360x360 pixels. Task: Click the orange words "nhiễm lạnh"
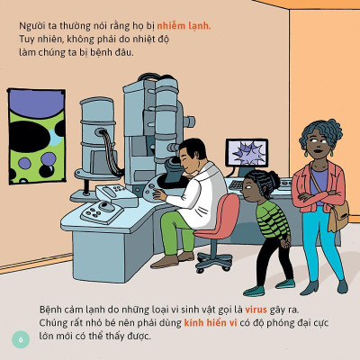(x=184, y=26)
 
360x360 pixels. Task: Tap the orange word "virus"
(x=256, y=310)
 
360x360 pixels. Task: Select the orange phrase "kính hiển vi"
(x=211, y=323)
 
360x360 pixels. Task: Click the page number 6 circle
(x=21, y=339)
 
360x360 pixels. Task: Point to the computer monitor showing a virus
(x=247, y=153)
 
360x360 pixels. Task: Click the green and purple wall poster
(x=36, y=136)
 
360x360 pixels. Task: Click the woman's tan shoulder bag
(x=338, y=215)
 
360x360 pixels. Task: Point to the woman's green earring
(x=306, y=153)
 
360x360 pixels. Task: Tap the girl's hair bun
(x=274, y=178)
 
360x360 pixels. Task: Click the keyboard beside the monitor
(x=237, y=184)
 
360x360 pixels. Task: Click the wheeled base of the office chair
(x=214, y=261)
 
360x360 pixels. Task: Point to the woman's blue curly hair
(x=320, y=132)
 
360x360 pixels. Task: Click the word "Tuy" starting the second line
(x=26, y=40)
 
